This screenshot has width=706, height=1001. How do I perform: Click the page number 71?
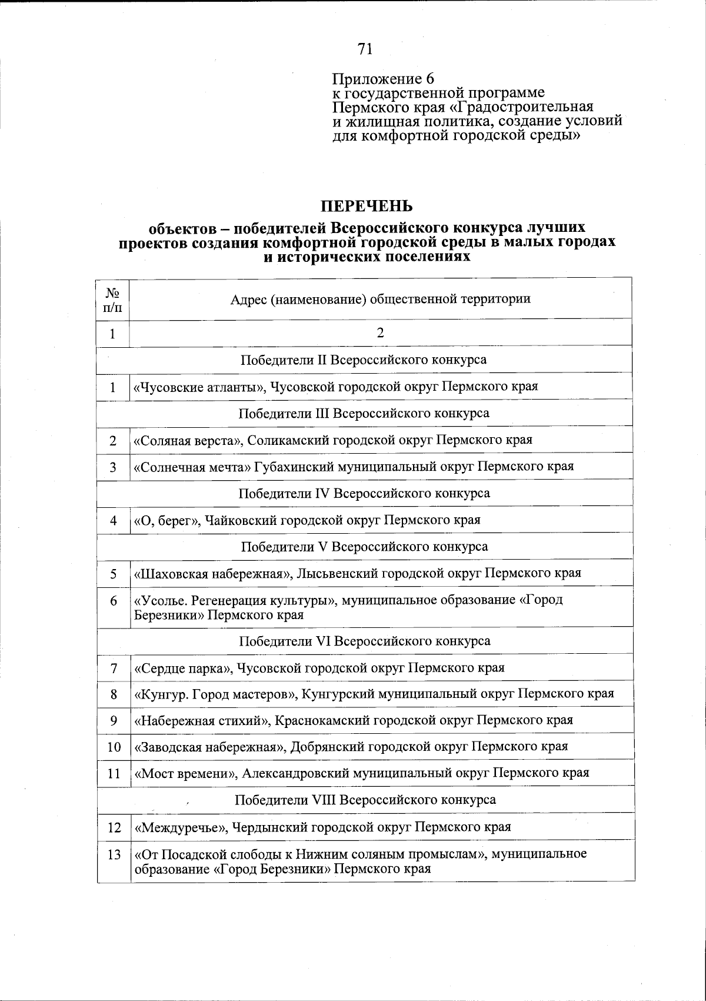(x=365, y=49)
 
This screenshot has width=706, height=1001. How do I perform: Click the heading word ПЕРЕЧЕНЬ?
(x=366, y=207)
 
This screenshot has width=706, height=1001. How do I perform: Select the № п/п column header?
(x=113, y=299)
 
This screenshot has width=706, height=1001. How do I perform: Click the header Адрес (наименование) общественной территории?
(x=380, y=299)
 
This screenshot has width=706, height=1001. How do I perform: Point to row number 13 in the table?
(x=114, y=854)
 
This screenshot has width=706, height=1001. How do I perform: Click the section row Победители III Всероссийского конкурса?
(x=364, y=413)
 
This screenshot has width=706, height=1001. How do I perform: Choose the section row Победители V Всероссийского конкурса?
(x=364, y=547)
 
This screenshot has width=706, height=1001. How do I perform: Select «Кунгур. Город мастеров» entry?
(x=216, y=694)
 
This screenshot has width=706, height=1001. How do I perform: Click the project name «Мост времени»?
(x=185, y=773)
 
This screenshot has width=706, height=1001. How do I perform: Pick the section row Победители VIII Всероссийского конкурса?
(x=365, y=800)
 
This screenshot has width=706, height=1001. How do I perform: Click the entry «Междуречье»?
(x=181, y=827)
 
